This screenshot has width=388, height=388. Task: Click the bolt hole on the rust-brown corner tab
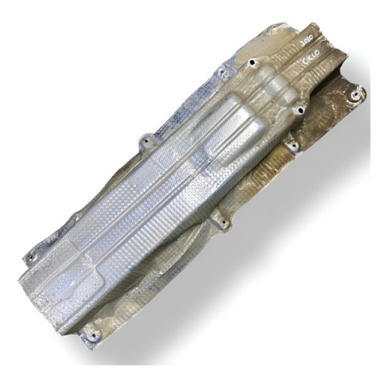point(354,96)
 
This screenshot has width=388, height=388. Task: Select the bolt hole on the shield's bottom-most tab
point(91,335)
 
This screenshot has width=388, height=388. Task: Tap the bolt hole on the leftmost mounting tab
point(30,257)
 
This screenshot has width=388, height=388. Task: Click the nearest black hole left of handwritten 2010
point(251,62)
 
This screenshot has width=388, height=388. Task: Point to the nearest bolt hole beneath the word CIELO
point(298,110)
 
